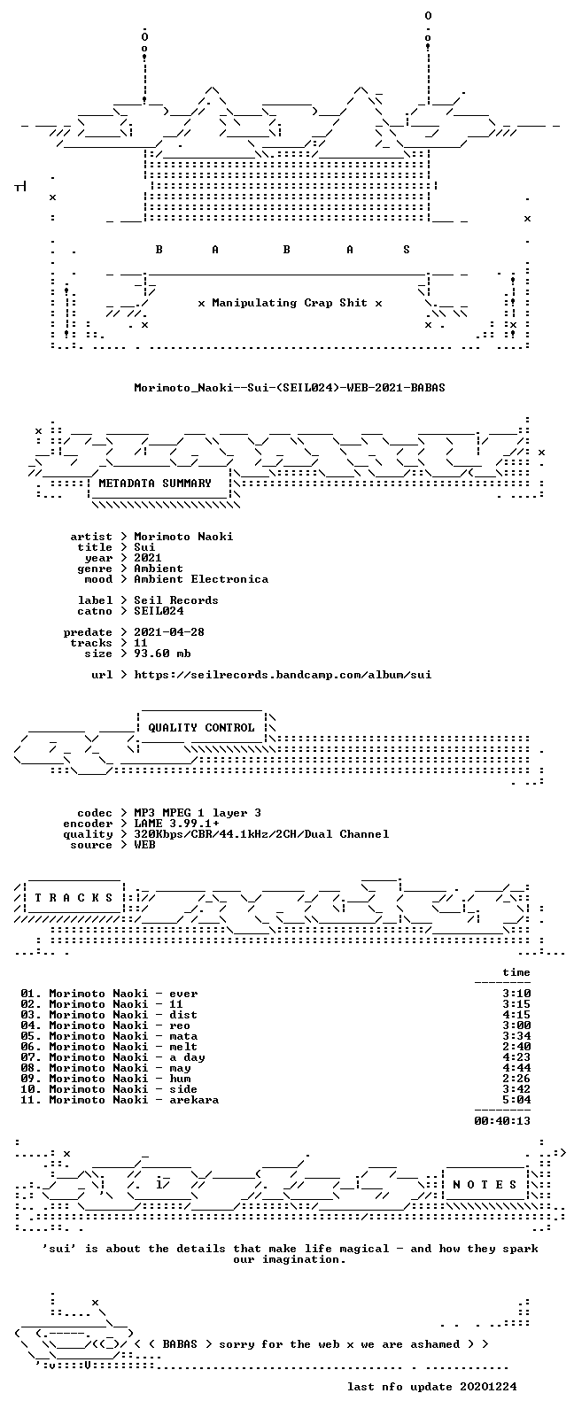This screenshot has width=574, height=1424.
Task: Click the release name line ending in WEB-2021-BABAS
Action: coord(290,387)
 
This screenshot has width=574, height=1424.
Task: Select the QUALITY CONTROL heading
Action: coord(201,728)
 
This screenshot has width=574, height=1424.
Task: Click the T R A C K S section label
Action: coord(74,898)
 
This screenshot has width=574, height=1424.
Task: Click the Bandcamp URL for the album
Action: coord(283,675)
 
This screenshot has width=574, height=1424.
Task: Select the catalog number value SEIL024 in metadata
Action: coord(159,611)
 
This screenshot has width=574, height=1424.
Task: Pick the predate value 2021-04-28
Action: coord(169,632)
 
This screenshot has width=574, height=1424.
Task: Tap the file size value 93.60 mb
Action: coord(162,654)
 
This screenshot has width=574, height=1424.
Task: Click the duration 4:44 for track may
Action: coord(516,1068)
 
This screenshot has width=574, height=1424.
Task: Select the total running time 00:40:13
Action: coord(502,1121)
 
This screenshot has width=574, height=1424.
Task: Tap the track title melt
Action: coord(183,1047)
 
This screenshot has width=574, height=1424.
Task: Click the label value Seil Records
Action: coord(176,600)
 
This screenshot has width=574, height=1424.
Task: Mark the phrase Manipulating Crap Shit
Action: coord(290,303)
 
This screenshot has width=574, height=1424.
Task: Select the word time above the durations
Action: coord(516,972)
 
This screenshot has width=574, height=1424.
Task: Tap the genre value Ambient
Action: coord(159,569)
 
